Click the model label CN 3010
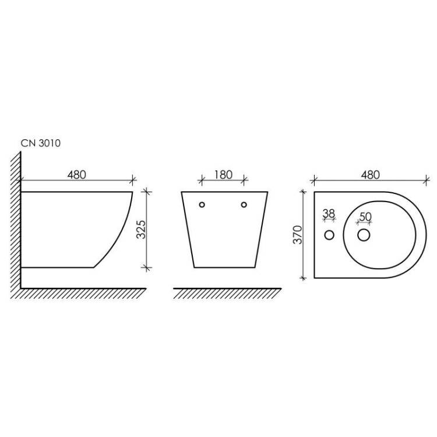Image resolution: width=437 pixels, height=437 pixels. [41, 143]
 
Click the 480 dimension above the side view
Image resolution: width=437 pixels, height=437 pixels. [77, 175]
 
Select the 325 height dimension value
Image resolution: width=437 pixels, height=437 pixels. [141, 230]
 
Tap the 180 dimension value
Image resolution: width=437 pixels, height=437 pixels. [223, 175]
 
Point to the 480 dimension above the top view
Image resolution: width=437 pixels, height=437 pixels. [371, 175]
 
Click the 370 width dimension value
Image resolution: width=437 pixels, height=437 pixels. [298, 235]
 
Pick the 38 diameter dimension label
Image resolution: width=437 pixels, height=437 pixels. [329, 214]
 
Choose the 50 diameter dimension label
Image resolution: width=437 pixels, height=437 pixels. [365, 217]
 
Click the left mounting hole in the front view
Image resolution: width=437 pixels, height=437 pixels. [202, 205]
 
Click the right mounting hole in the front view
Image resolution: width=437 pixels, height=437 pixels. [244, 205]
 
